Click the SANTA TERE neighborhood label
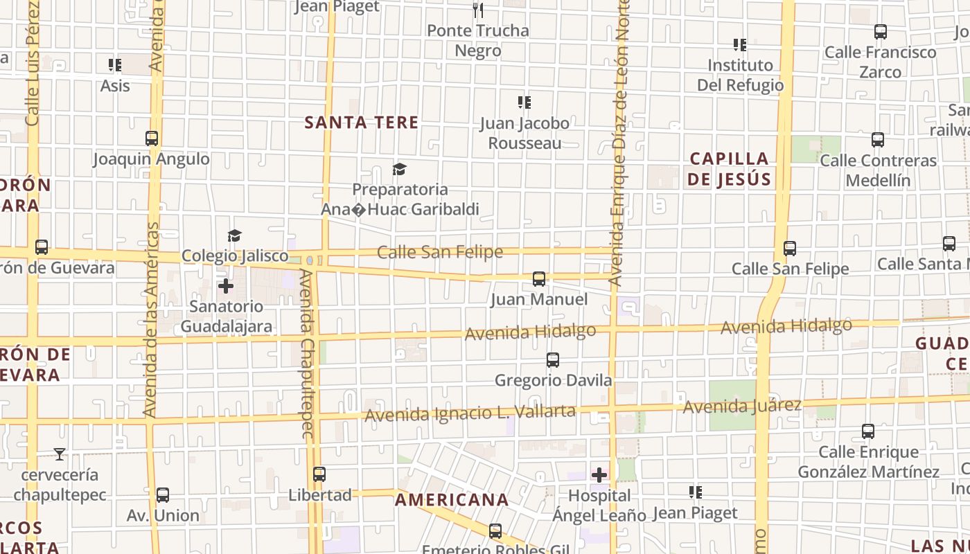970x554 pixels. (x=362, y=123)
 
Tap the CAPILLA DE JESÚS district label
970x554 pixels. (x=729, y=169)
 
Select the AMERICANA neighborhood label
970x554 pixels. (x=452, y=500)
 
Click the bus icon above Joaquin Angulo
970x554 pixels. (x=152, y=138)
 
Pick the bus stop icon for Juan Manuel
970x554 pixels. (x=538, y=279)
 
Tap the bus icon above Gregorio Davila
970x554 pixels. (x=552, y=360)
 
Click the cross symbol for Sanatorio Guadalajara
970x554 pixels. (x=226, y=285)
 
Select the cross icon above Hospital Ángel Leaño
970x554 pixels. (x=599, y=475)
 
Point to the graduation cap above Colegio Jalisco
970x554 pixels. (x=234, y=236)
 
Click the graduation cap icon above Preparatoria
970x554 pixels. (x=399, y=169)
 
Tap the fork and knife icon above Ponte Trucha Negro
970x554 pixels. (x=477, y=10)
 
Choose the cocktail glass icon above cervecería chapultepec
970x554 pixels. (x=60, y=454)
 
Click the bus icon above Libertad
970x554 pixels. (x=319, y=474)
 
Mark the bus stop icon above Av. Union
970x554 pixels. (x=163, y=495)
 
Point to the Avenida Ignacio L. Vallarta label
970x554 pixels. (x=470, y=413)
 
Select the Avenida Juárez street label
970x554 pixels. (x=742, y=406)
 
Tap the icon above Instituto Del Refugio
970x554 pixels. (x=739, y=45)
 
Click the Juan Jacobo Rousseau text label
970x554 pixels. (x=524, y=133)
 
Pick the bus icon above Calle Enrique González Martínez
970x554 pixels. (x=868, y=431)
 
